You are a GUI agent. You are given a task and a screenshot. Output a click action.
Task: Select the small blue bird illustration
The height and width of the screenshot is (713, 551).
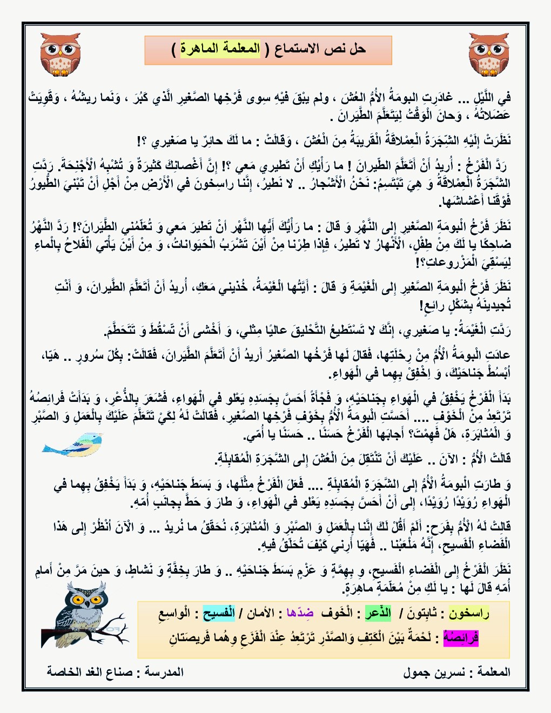(x=72, y=445)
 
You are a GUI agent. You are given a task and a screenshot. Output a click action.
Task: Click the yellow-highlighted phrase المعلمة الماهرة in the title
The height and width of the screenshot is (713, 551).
(x=220, y=49)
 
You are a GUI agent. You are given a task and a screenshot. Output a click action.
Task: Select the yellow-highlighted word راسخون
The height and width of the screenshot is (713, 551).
(x=469, y=613)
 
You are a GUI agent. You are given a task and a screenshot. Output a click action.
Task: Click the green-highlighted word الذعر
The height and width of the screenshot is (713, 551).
(x=378, y=613)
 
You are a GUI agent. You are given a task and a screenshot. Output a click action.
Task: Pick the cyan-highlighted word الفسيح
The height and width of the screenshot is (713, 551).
(x=219, y=614)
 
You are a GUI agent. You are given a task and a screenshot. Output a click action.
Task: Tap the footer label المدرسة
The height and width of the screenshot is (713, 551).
(x=164, y=672)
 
